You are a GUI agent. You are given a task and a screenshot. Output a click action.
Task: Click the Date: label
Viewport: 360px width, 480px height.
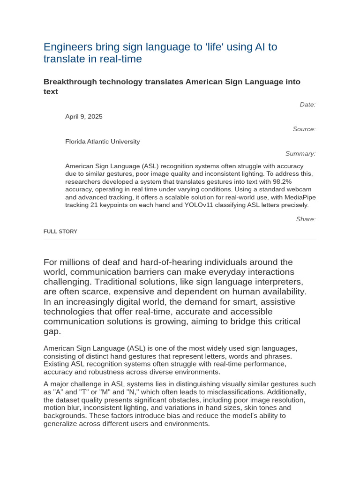click(307, 105)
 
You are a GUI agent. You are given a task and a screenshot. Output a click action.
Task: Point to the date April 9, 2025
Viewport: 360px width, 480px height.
click(84, 117)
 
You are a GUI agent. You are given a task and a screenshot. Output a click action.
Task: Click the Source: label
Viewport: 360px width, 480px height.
click(304, 129)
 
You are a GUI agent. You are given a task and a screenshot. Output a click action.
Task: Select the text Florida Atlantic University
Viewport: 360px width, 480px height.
click(102, 142)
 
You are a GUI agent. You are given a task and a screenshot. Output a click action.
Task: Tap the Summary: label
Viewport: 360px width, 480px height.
click(300, 153)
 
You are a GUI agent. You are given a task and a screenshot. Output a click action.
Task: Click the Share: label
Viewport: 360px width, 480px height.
click(306, 219)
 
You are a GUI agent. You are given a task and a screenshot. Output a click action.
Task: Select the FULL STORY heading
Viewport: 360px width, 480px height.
click(60, 232)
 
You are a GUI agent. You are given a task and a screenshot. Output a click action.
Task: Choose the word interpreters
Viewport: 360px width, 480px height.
click(278, 282)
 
